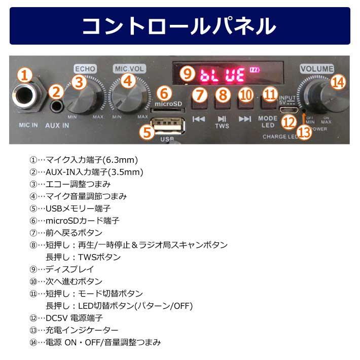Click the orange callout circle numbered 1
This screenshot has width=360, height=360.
pyautogui.click(x=24, y=75)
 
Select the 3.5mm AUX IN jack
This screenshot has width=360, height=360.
pyautogui.click(x=57, y=107)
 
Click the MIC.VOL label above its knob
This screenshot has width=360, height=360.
pyautogui.click(x=130, y=68)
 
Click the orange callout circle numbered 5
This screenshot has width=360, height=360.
pyautogui.click(x=147, y=132)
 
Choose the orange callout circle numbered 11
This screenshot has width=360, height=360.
pyautogui.click(x=271, y=94)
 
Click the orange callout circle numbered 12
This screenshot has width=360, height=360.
pyautogui.click(x=289, y=122)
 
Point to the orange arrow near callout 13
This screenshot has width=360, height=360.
pyautogui.click(x=303, y=119)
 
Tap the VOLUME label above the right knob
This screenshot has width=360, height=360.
pyautogui.click(x=316, y=68)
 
